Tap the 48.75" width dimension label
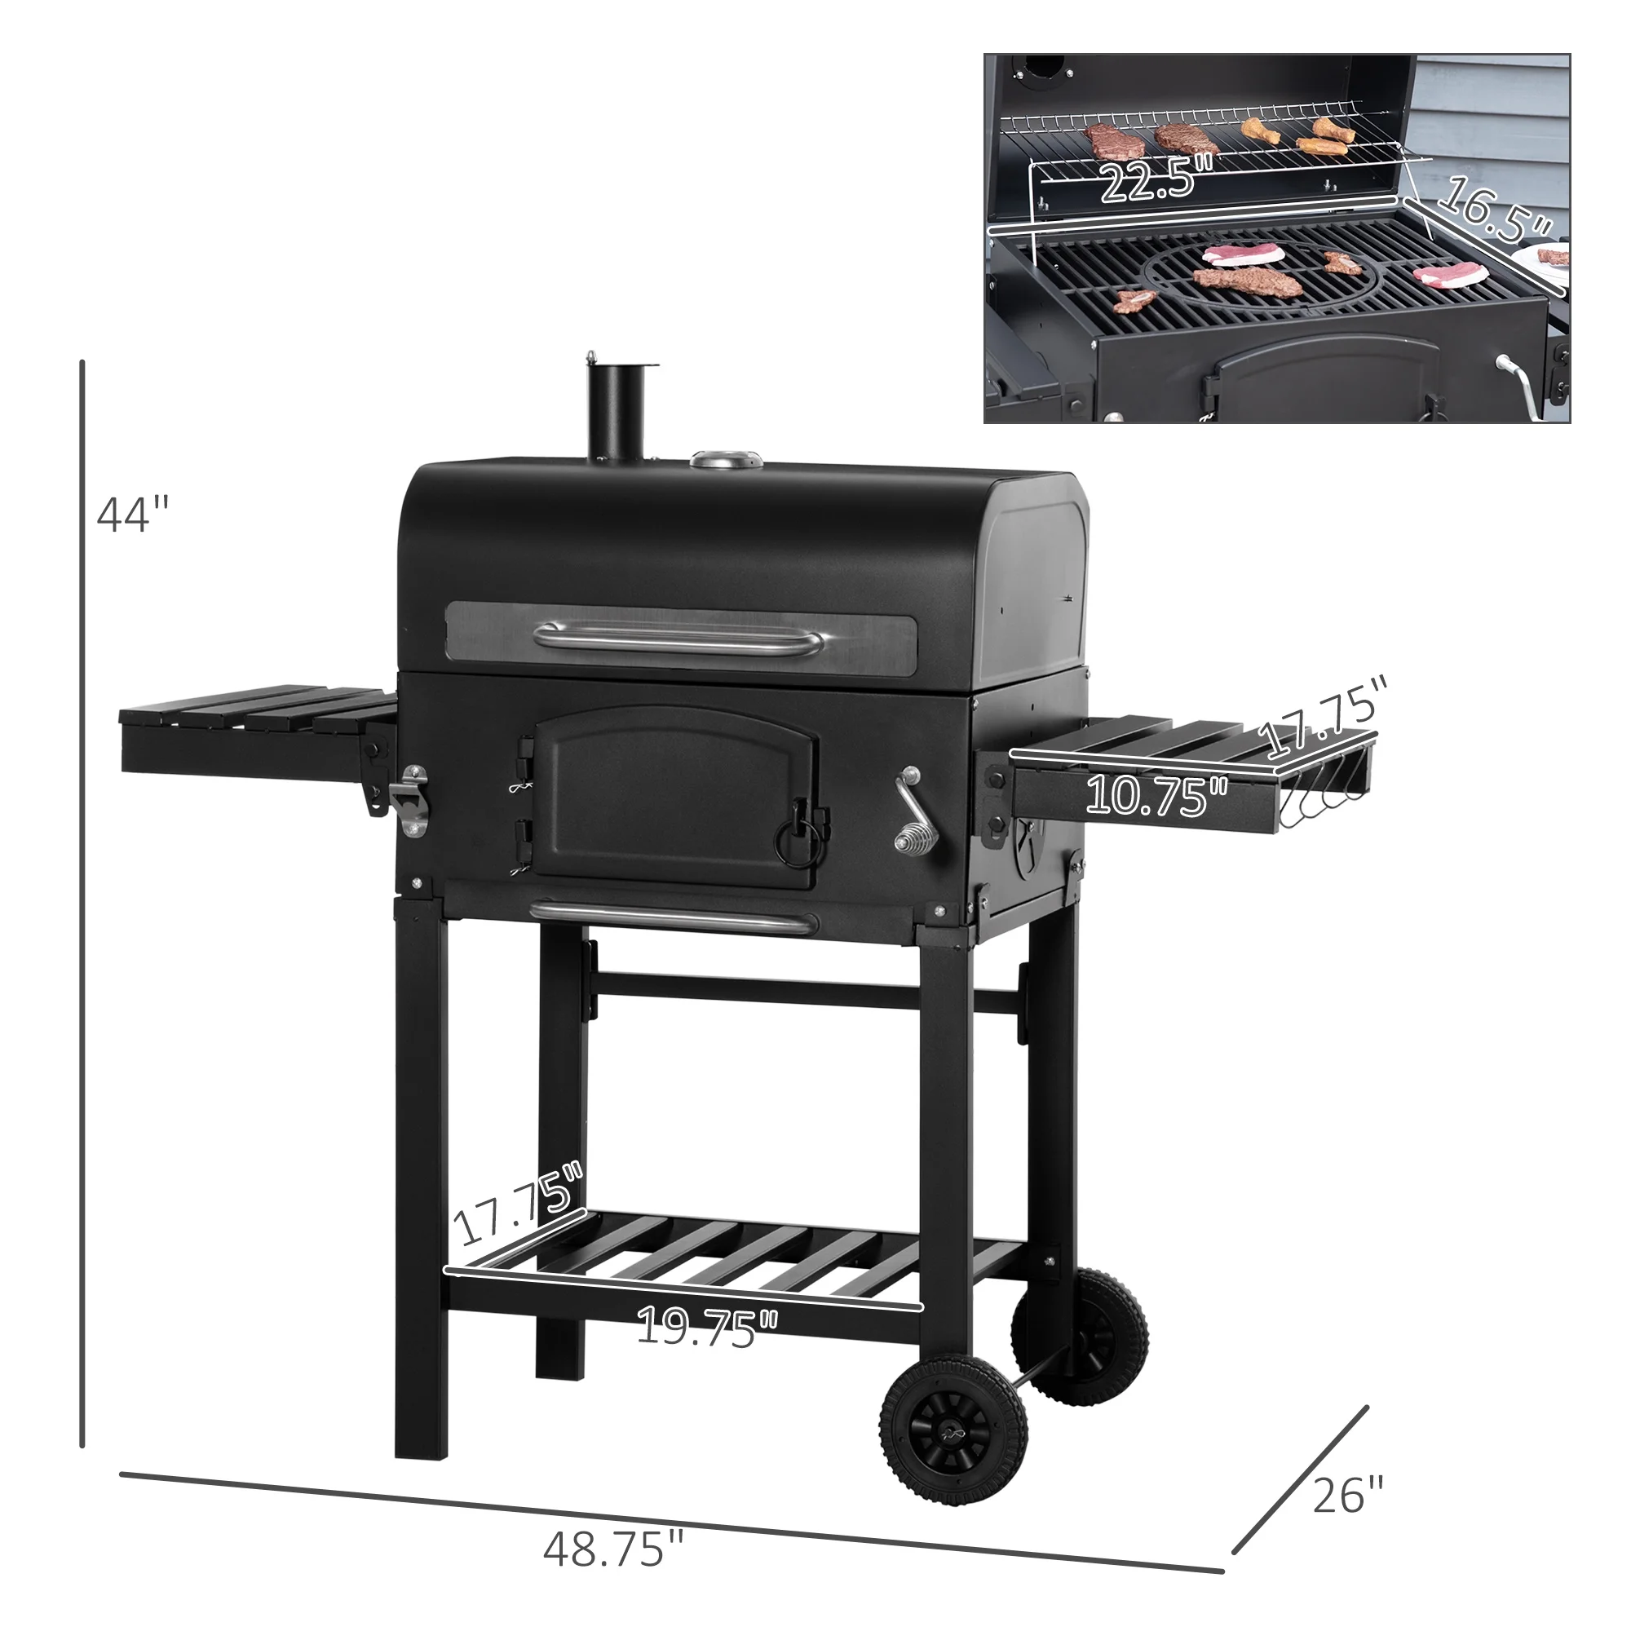point(614,1549)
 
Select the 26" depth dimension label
point(1348,1494)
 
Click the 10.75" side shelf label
point(1157,795)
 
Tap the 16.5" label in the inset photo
point(1494,211)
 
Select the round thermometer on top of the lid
point(726,460)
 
